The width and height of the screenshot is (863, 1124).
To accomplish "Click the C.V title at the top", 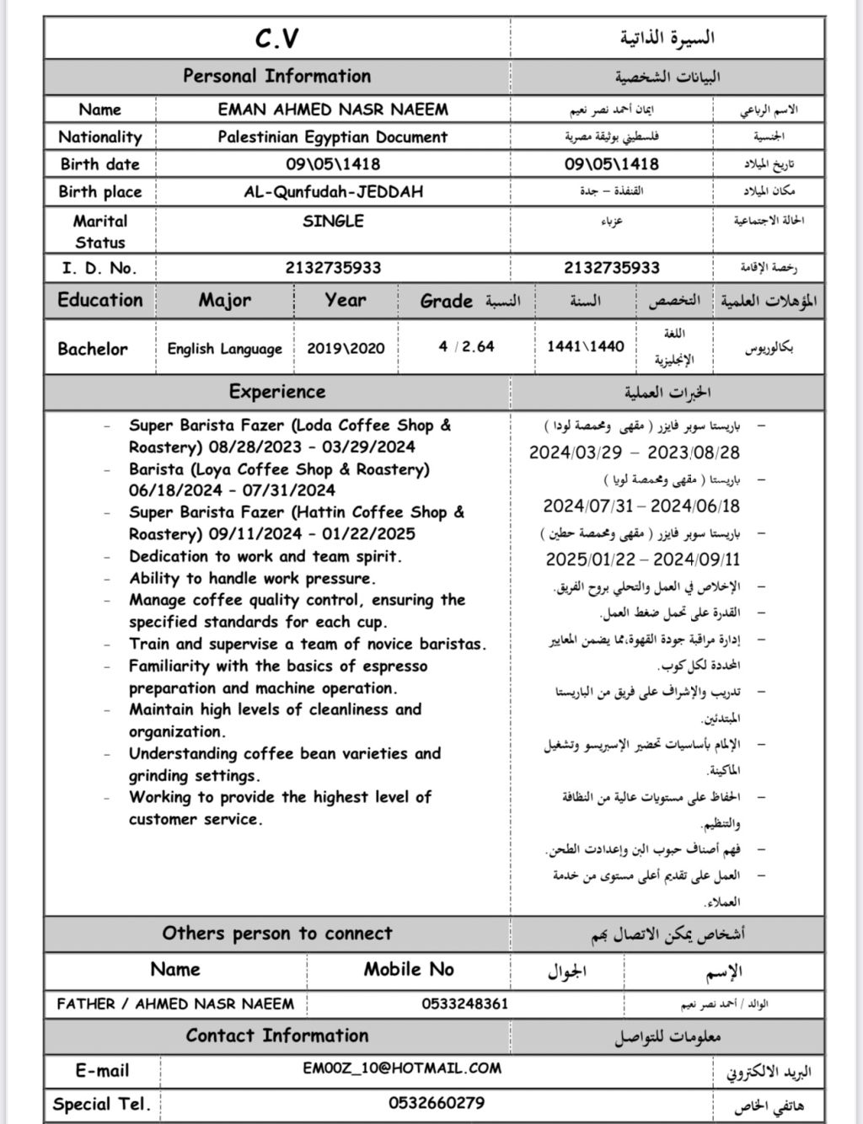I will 276,39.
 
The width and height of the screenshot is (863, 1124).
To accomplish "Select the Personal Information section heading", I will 276,76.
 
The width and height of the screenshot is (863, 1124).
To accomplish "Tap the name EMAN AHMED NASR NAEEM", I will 333,110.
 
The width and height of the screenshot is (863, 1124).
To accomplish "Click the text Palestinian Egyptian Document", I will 333,136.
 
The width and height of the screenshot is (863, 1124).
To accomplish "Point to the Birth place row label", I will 99,191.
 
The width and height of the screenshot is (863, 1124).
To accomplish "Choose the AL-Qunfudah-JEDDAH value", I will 333,191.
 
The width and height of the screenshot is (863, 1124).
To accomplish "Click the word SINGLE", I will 333,222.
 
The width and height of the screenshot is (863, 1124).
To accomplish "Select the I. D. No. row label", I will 99,268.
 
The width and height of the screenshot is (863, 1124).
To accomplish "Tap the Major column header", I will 225,300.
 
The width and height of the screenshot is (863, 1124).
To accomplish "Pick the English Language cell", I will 224,349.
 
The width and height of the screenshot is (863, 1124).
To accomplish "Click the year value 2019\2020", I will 346,349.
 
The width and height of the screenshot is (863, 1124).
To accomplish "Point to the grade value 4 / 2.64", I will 466,346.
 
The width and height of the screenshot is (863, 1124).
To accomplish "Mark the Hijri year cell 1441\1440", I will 586,346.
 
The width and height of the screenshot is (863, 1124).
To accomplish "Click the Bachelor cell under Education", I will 93,349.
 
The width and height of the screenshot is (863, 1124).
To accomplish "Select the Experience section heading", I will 276,392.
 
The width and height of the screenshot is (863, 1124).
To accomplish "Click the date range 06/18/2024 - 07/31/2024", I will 232,490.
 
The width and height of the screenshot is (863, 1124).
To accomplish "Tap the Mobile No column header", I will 409,969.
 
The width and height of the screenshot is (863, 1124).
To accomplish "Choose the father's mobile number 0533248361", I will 465,1004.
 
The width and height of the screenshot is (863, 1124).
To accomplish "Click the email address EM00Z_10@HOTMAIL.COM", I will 402,1068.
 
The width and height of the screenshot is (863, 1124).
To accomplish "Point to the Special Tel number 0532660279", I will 437,1103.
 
